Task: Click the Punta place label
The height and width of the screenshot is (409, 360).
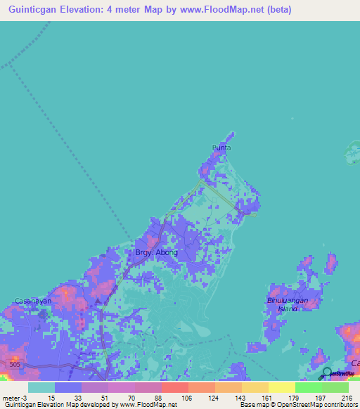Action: tap(221, 148)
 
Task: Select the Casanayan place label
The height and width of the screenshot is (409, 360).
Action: tap(34, 301)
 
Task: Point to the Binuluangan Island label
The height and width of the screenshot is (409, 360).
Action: tap(292, 303)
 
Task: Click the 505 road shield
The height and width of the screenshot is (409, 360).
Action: tap(14, 363)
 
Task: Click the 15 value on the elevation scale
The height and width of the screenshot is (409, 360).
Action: tap(51, 397)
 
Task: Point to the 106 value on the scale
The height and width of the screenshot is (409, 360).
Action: tap(186, 397)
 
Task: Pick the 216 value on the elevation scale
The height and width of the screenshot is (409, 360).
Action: tap(347, 397)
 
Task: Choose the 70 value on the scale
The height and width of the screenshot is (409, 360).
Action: tap(131, 397)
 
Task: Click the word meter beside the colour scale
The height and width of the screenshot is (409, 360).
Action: tap(11, 397)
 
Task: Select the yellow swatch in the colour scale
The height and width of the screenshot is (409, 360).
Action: tap(282, 387)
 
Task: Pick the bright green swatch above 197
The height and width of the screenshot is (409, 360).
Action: tap(309, 387)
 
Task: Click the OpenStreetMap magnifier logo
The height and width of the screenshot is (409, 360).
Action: tap(327, 373)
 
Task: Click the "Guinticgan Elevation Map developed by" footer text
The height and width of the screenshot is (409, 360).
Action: tap(49, 405)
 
